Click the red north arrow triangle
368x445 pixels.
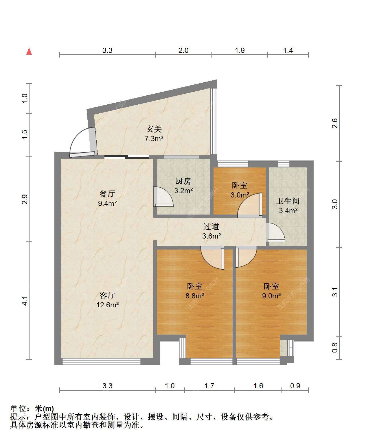pyautogui.click(x=29, y=51)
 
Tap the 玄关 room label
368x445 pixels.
pyautogui.click(x=154, y=129)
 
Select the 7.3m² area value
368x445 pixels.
pyautogui.click(x=154, y=139)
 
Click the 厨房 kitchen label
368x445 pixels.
pyautogui.click(x=183, y=181)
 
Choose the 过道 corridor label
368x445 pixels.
pyautogui.click(x=211, y=226)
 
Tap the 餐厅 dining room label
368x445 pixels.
pyautogui.click(x=107, y=193)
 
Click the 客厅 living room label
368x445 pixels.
pyautogui.click(x=107, y=295)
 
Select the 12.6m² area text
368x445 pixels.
pyautogui.click(x=107, y=305)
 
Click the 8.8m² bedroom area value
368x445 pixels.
pyautogui.click(x=195, y=296)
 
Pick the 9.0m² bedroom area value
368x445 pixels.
pyautogui.click(x=271, y=296)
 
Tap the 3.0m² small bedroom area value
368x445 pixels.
pyautogui.click(x=240, y=195)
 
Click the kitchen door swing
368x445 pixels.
pyautogui.click(x=163, y=197)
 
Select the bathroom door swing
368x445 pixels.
pyautogui.click(x=275, y=232)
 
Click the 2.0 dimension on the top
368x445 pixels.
pyautogui.click(x=183, y=51)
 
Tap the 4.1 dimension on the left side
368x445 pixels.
pyautogui.click(x=25, y=301)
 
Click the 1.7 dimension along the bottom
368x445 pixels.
pyautogui.click(x=209, y=386)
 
